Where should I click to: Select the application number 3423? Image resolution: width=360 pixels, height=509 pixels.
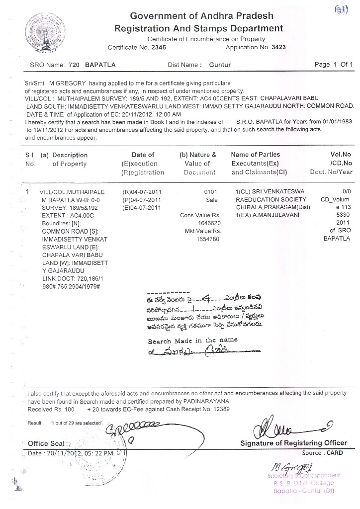[x=277, y=47]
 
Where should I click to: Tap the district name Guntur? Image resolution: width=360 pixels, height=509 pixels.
[x=220, y=65]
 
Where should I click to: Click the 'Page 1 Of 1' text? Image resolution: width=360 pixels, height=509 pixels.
[x=334, y=65]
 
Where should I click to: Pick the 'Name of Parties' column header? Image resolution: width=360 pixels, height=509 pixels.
[x=256, y=155]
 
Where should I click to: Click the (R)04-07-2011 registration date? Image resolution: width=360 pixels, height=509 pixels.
[x=142, y=191]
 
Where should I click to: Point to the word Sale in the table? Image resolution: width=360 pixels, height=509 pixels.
[x=212, y=199]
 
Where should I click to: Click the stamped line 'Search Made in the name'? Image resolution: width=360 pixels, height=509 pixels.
[x=192, y=341]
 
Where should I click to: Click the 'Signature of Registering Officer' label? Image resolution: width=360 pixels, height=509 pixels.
[x=294, y=443]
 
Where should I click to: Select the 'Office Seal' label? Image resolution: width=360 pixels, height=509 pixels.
[x=45, y=443]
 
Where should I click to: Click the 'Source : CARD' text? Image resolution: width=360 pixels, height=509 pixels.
[x=322, y=453]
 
